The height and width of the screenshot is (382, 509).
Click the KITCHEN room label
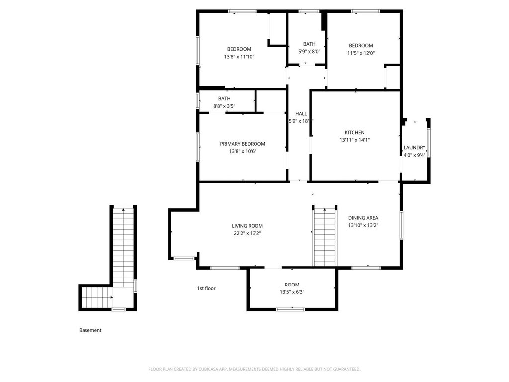click(x=354, y=132)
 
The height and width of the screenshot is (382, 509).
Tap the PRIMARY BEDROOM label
click(x=243, y=144)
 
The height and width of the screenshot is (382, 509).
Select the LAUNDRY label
click(x=414, y=147)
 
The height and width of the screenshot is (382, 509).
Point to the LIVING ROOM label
click(x=247, y=226)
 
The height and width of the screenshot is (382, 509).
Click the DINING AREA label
click(x=363, y=218)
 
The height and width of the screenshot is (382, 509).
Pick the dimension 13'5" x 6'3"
click(x=292, y=292)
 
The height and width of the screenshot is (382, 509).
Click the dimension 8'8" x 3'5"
click(x=224, y=106)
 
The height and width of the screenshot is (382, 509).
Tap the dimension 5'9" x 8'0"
click(x=309, y=51)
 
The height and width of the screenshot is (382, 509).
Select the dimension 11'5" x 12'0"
click(x=361, y=53)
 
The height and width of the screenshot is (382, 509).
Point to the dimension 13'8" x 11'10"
click(x=239, y=57)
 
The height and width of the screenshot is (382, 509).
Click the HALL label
click(x=301, y=114)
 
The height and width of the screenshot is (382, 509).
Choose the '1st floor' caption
click(x=206, y=288)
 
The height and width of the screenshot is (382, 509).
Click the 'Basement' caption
click(x=90, y=330)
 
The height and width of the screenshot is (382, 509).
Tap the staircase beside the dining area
click(x=325, y=236)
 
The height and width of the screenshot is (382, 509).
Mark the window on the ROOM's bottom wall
click(x=290, y=309)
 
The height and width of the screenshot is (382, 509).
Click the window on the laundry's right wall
click(x=429, y=143)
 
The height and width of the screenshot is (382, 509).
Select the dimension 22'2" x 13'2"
click(x=247, y=234)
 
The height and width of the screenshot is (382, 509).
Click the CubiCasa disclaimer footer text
click(x=254, y=369)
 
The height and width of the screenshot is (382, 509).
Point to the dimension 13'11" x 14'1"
click(x=354, y=140)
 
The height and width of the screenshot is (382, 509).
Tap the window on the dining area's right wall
click(x=401, y=225)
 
